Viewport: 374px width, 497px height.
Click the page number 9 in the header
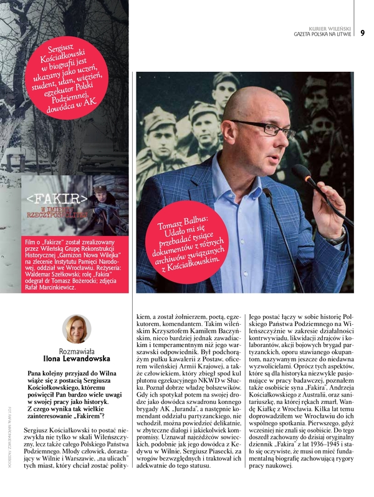pos(362,32)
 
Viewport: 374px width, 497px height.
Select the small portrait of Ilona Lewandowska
pos(77,328)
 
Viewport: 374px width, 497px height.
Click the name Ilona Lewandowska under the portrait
pos(77,360)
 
